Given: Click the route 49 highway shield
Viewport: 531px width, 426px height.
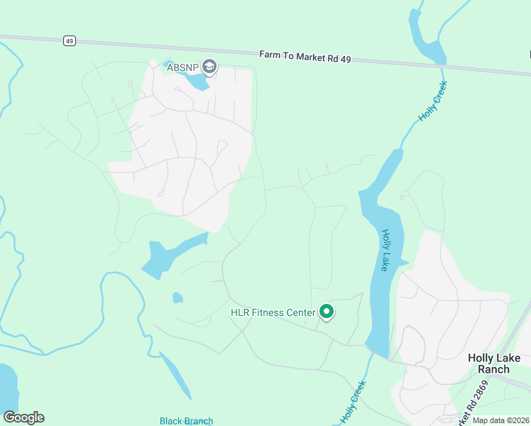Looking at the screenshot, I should coord(69,41).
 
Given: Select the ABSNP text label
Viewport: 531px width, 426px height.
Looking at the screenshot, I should coord(182,67).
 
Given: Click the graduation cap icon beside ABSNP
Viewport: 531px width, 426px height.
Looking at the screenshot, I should coord(209,67).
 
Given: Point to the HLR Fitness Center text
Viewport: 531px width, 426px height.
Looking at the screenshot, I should coord(273,312).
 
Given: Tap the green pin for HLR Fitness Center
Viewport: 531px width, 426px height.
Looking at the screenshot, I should coord(327,312).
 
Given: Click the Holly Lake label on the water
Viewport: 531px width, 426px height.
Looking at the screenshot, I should coord(386,250).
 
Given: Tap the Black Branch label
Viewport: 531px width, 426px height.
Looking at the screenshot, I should coord(185,421).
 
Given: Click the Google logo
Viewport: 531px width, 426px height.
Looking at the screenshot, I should coord(23,417).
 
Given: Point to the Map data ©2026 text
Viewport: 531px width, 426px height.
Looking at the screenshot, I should coord(501,420).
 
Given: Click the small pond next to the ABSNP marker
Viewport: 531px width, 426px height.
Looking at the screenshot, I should coord(196,80).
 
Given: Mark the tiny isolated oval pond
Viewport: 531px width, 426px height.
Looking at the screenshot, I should coord(177,297).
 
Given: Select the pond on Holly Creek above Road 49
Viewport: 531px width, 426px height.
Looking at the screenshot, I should coord(425,43).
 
